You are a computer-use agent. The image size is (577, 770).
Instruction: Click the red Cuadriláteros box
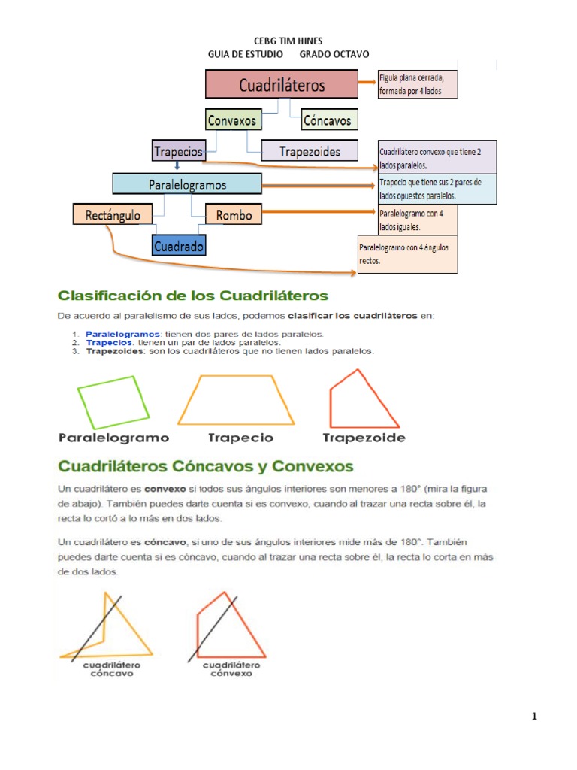(282, 84)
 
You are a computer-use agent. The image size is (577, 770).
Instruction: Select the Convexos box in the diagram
(232, 120)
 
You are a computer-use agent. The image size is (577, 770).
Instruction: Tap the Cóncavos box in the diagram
(327, 120)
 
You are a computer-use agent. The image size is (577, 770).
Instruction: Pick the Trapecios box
(178, 151)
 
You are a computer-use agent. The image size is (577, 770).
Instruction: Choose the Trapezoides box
(310, 151)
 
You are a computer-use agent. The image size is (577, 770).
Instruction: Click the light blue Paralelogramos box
(187, 184)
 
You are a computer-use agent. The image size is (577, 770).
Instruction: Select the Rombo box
(234, 215)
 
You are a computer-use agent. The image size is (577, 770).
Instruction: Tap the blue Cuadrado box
(179, 246)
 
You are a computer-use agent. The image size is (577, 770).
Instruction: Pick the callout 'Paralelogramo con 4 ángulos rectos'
(407, 254)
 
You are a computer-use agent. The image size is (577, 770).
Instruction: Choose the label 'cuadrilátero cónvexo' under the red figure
(231, 669)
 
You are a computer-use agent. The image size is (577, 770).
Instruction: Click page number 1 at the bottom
(534, 717)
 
